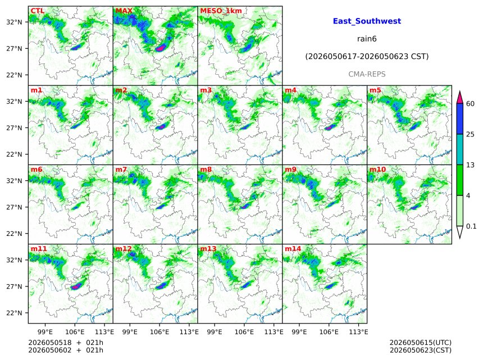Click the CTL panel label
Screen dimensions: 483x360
37,11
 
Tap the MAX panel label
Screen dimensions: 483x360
124,11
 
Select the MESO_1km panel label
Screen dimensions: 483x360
221,11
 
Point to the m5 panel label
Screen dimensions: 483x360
375,90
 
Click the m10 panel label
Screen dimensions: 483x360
377,170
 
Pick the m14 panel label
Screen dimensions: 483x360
293,249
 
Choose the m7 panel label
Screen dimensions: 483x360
121,170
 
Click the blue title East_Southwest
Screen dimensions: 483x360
367,21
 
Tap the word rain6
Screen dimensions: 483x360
367,39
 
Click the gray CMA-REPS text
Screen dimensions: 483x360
367,74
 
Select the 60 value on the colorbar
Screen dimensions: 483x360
470,104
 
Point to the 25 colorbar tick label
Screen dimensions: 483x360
470,134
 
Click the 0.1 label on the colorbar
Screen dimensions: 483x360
471,226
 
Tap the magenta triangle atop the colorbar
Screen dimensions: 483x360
459,98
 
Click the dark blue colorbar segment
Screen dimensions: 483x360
459,119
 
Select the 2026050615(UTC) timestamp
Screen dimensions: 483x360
421,343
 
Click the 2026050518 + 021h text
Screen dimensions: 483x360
66,343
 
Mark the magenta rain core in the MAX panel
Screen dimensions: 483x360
161,48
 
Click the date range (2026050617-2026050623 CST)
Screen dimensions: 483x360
367,57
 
